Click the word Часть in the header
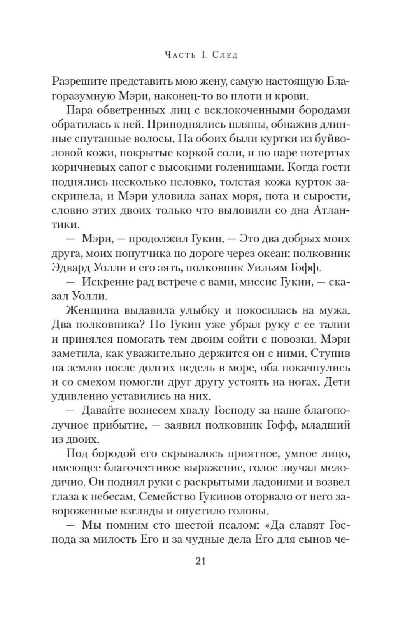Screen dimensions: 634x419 click(180, 55)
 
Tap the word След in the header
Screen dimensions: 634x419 click(225, 55)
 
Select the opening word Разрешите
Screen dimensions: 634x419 click(79, 82)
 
